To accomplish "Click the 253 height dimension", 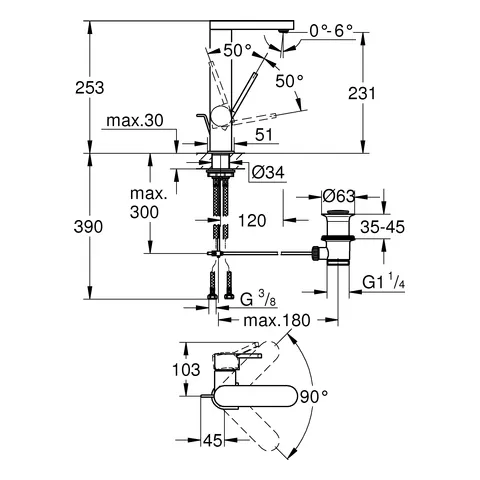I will (x=88, y=89).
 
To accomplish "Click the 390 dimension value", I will (x=88, y=227).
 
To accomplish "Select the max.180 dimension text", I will (x=263, y=320).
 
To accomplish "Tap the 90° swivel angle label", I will (x=313, y=396).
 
